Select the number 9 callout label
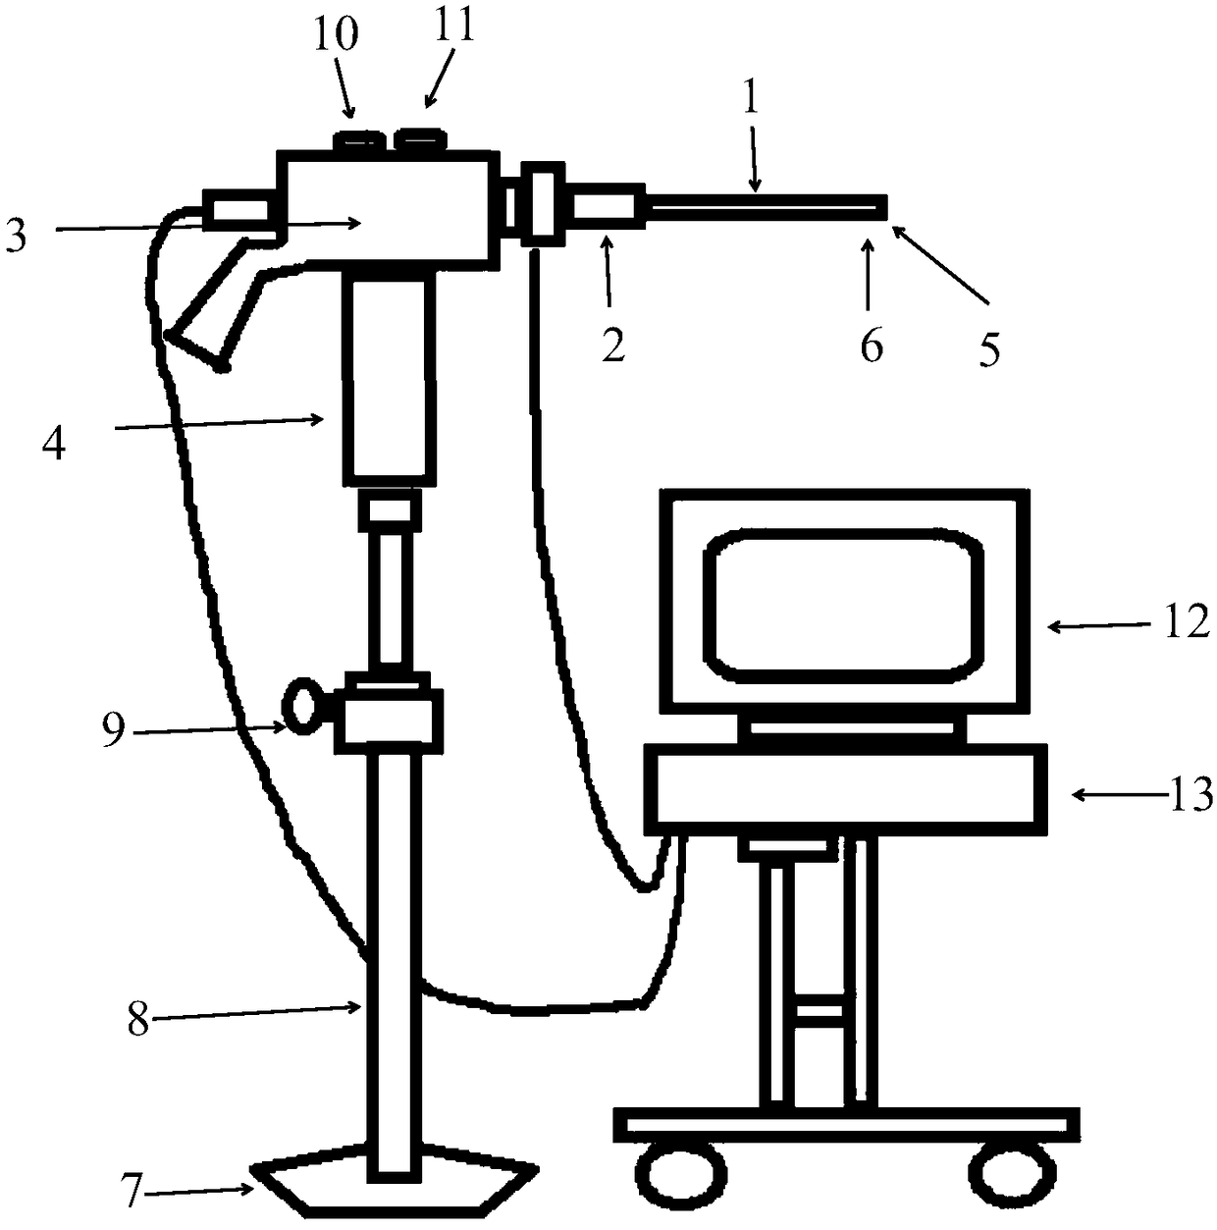(x=114, y=730)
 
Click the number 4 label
(x=54, y=444)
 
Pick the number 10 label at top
(x=337, y=35)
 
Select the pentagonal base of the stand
(x=393, y=1182)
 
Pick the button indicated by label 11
(x=420, y=141)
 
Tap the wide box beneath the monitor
(x=845, y=784)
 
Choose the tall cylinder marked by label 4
(x=389, y=378)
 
